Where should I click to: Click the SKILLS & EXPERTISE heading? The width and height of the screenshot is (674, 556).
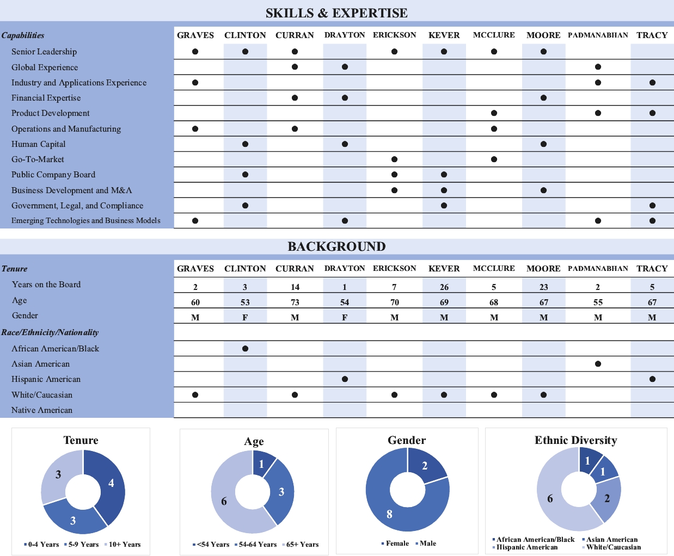pyautogui.click(x=336, y=13)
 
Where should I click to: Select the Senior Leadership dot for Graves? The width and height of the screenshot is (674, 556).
pyautogui.click(x=195, y=52)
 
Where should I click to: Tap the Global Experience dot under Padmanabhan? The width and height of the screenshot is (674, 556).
pyautogui.click(x=598, y=67)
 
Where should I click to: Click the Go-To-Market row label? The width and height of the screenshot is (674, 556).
pyautogui.click(x=38, y=159)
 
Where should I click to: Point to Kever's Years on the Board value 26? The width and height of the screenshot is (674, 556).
pyautogui.click(x=444, y=287)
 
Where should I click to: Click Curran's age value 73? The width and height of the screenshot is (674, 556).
pyautogui.click(x=295, y=302)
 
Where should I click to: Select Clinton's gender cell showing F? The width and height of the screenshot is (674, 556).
pyautogui.click(x=245, y=318)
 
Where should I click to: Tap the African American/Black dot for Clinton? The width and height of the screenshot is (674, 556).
pyautogui.click(x=245, y=349)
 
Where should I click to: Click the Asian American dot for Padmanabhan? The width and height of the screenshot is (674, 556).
pyautogui.click(x=598, y=364)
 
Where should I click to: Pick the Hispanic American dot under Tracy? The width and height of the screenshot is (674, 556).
pyautogui.click(x=652, y=379)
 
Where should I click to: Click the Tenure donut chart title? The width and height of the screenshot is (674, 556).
pyautogui.click(x=81, y=440)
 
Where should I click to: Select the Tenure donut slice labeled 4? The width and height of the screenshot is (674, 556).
pyautogui.click(x=110, y=483)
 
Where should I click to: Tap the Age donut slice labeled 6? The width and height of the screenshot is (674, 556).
pyautogui.click(x=224, y=501)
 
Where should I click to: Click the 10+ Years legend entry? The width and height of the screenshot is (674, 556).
pyautogui.click(x=124, y=544)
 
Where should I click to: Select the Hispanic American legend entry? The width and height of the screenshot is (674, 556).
pyautogui.click(x=526, y=547)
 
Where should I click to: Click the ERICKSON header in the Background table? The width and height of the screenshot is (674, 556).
pyautogui.click(x=394, y=268)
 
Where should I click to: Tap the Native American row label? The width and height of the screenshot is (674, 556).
pyautogui.click(x=42, y=410)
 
